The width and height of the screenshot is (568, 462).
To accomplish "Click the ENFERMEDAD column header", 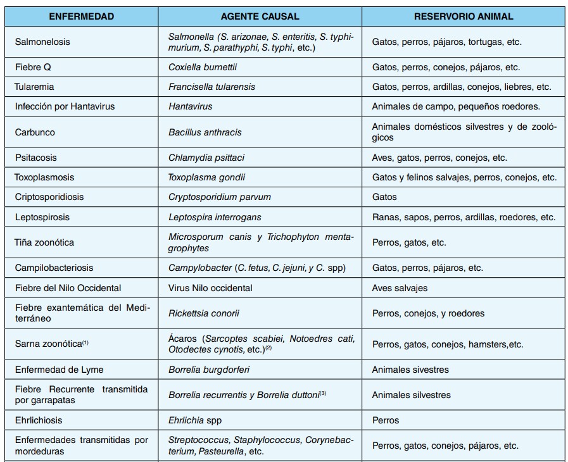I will (82, 16).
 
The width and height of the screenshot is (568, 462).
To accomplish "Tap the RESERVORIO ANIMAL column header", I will (464, 16).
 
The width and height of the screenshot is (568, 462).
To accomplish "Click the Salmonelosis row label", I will (42, 42).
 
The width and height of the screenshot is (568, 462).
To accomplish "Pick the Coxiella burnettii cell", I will (203, 67).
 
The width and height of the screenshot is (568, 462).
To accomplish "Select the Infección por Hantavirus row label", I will (65, 106).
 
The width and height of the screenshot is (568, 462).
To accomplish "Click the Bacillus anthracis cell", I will (205, 132).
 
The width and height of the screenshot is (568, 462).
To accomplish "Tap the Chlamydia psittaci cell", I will (206, 158).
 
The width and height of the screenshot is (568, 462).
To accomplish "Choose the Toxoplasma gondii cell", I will (206, 177).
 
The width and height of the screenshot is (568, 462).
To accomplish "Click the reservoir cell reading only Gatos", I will (384, 197).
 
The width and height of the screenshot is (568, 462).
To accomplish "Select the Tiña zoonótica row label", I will (44, 242).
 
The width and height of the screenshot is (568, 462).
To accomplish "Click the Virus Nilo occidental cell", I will (210, 288).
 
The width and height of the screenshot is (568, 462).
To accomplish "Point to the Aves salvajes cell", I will (400, 288).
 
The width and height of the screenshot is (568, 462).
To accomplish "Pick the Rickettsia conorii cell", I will (204, 313).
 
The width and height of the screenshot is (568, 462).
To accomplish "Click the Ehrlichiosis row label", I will (39, 420).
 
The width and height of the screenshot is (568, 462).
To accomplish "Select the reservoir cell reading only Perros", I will (386, 420).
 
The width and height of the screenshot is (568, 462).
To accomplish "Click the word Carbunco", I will (35, 132).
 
